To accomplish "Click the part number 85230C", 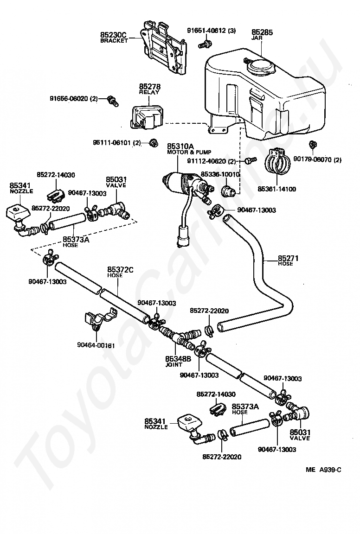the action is click(113, 35).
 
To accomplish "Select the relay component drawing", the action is click(146, 117).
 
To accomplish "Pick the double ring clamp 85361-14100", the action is click(277, 161).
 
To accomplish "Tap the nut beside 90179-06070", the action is click(312, 145).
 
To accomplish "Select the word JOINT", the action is click(174, 364).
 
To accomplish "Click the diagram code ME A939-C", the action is click(323, 470).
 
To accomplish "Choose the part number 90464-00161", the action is click(96, 345).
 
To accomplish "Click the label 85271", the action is click(288, 258).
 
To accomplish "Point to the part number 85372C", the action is click(120, 270).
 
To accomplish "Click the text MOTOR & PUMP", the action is click(189, 152).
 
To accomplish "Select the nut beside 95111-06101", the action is click(154, 143).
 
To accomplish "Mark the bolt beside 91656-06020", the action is click(113, 100).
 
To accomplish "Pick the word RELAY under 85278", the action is click(149, 92).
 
